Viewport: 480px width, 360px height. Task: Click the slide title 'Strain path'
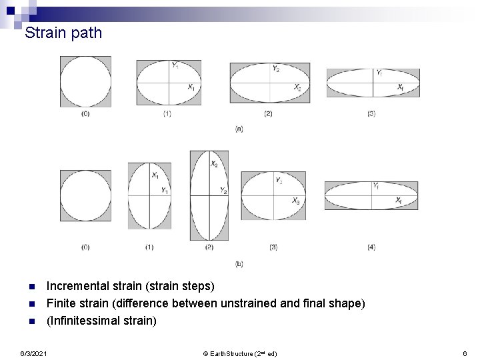[63, 32]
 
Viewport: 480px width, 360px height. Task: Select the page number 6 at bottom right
[462, 352]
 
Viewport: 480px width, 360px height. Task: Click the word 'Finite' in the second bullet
[60, 303]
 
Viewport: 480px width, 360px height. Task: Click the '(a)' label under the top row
[239, 129]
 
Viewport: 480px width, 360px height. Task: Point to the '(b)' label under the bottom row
[239, 265]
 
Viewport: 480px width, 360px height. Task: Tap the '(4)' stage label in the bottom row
[371, 247]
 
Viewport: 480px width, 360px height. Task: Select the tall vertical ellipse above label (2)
[209, 195]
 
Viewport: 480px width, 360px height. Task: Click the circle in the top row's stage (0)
[85, 81]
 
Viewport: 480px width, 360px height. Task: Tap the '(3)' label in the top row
[371, 114]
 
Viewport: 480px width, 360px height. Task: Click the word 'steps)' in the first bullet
[198, 287]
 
